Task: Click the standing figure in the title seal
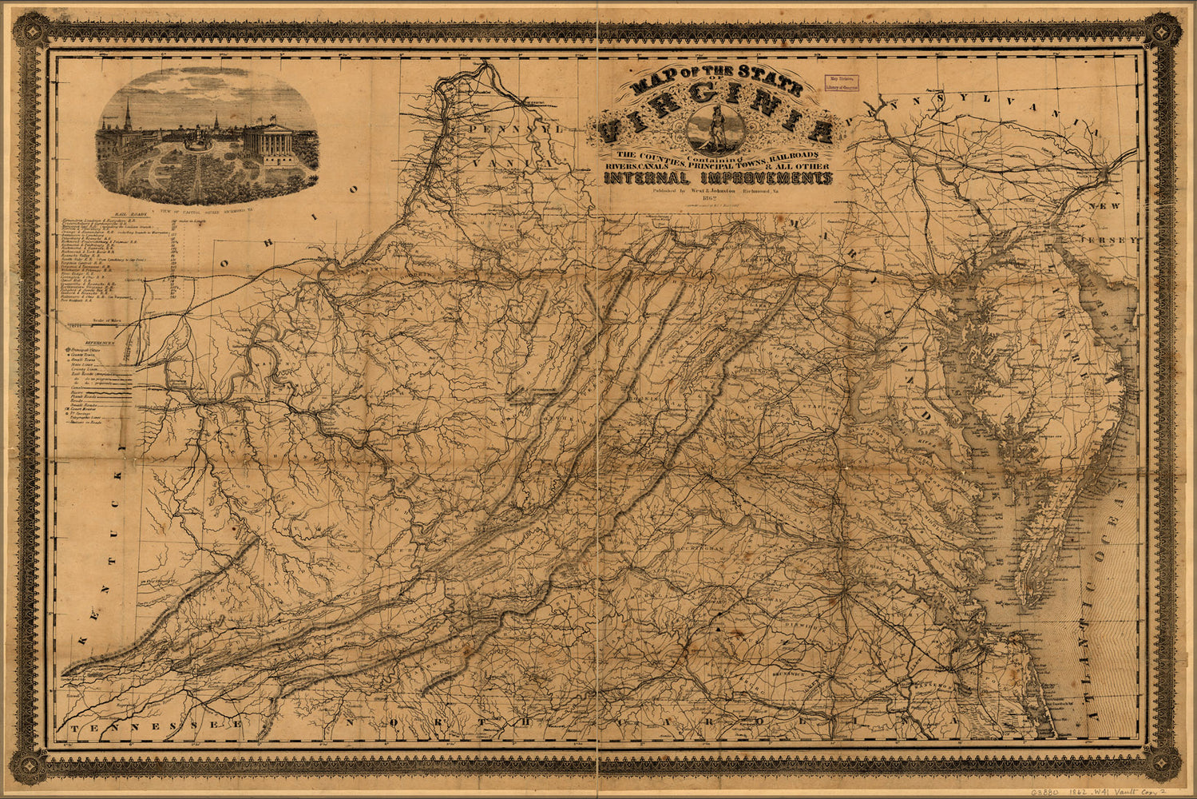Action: click(714, 128)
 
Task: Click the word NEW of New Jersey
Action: click(1107, 206)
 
